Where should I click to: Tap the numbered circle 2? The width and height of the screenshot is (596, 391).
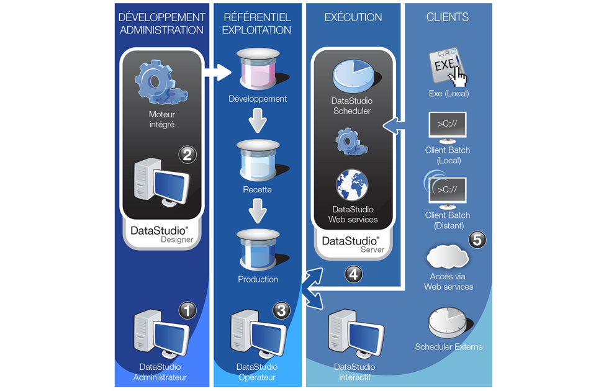pos(187,154)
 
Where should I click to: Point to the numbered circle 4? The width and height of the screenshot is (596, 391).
pos(353,273)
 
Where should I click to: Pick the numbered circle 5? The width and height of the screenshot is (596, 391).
pos(476,240)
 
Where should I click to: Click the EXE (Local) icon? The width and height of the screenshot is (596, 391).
pos(447,68)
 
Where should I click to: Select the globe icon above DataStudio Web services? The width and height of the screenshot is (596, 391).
pos(352,186)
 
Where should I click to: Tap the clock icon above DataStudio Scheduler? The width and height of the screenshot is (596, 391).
pos(352,77)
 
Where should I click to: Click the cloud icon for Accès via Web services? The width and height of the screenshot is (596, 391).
pos(448,256)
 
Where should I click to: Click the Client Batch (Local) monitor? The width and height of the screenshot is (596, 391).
pos(448,127)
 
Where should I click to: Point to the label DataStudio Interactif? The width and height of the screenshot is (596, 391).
pos(354,372)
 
